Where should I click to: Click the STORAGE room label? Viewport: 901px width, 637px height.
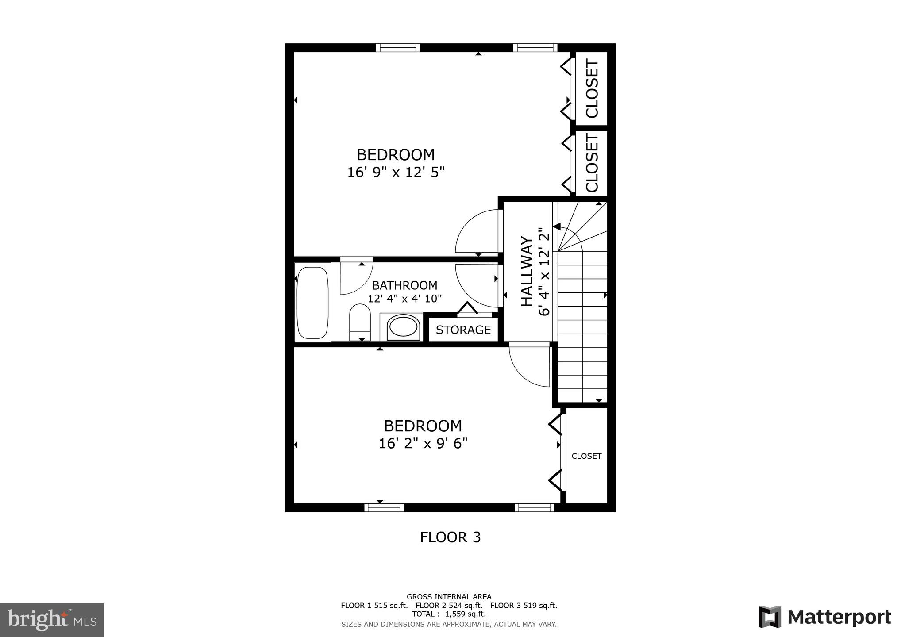click(463, 330)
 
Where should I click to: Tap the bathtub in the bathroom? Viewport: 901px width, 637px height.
click(312, 302)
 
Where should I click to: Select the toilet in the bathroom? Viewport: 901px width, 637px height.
click(360, 321)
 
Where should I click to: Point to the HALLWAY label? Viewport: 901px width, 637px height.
click(527, 271)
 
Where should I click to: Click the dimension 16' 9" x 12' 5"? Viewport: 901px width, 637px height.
click(396, 172)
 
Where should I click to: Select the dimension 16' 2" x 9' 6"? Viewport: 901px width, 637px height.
click(423, 443)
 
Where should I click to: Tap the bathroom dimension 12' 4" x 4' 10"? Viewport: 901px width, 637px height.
click(404, 299)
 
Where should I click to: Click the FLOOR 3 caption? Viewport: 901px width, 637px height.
click(450, 537)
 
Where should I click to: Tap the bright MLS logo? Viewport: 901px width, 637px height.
click(52, 620)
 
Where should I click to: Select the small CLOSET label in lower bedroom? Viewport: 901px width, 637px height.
click(586, 456)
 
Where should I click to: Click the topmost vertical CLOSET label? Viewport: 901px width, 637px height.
click(592, 89)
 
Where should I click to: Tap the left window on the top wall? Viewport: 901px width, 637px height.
click(397, 48)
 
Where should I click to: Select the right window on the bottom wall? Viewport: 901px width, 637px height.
click(534, 507)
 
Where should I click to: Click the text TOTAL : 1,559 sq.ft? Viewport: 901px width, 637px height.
click(449, 614)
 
